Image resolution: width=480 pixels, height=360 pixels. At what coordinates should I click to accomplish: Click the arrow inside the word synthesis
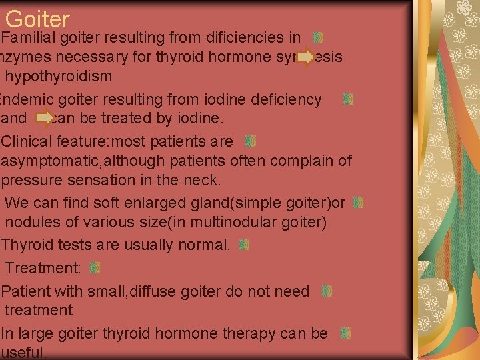(x=306, y=57)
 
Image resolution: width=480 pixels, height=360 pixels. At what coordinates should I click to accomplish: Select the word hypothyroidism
(x=59, y=76)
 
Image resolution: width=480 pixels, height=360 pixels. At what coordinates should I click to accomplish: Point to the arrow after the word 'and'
(x=45, y=118)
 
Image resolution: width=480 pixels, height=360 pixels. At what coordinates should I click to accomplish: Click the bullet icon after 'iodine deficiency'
(x=347, y=99)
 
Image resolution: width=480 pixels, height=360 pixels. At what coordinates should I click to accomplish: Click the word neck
(x=205, y=180)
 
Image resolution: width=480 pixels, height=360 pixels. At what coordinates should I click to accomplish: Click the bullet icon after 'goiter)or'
(x=358, y=201)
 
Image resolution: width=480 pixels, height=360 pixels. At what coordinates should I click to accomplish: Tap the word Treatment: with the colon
(x=43, y=268)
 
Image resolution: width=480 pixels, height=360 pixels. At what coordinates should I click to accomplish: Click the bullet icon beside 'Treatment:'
(x=95, y=267)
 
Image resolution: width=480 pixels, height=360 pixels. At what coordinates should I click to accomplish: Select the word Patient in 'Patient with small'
(x=25, y=291)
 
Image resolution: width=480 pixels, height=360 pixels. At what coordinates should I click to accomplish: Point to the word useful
(x=24, y=353)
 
